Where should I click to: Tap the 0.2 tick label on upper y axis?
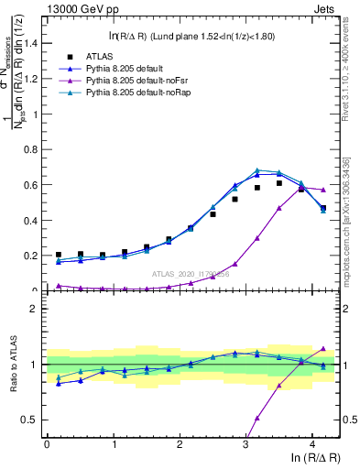[33, 255]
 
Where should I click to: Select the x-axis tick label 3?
[245, 444]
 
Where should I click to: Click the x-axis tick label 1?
[114, 444]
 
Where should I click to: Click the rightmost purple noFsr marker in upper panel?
[322, 190]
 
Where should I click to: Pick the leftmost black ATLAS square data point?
[59, 255]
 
